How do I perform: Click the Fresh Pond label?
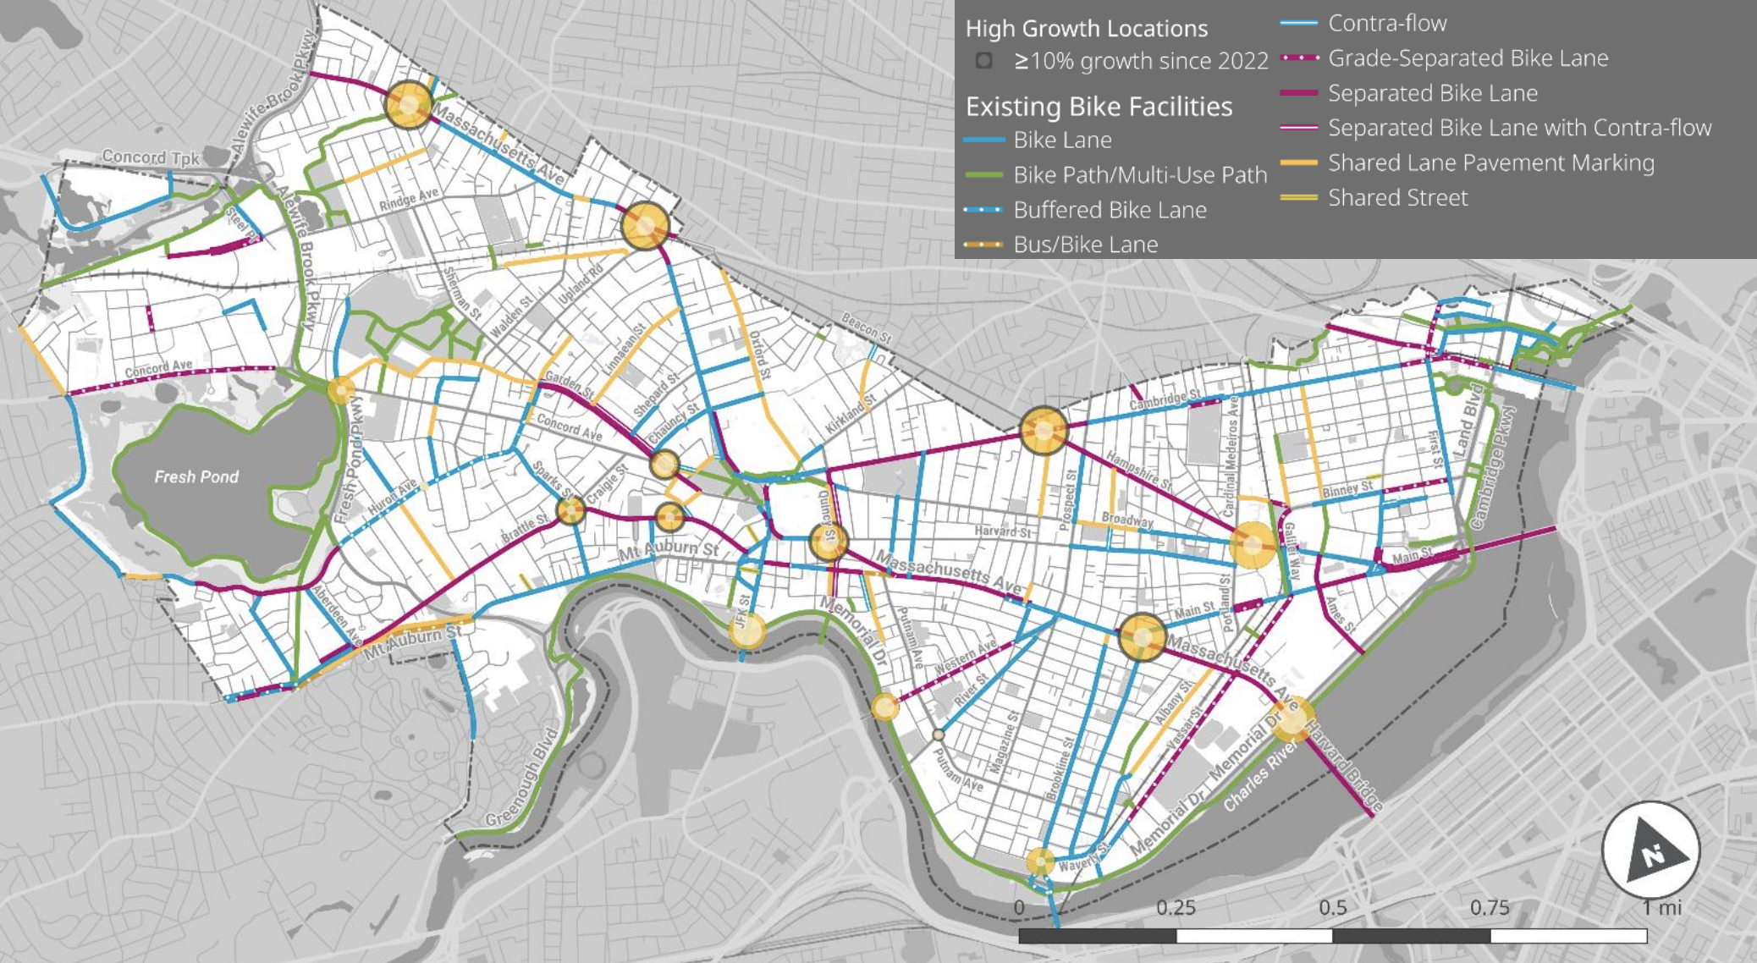tap(196, 477)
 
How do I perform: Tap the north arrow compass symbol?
tap(1650, 850)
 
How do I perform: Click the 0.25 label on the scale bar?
tap(1176, 908)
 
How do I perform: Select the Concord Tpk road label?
tap(150, 157)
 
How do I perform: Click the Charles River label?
tap(1260, 777)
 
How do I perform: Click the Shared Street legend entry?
tap(1397, 198)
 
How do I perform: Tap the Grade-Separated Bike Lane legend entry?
tap(1468, 58)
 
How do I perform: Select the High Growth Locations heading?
tap(1087, 29)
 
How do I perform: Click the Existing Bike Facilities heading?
tap(1099, 107)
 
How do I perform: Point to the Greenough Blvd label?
tap(524, 778)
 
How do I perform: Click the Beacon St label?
tap(866, 328)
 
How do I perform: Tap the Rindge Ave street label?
tap(409, 200)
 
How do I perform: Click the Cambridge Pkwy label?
tap(1494, 467)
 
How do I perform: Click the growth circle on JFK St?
tap(746, 630)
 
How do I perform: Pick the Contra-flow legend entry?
tap(1387, 24)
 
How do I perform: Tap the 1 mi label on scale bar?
tap(1661, 908)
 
